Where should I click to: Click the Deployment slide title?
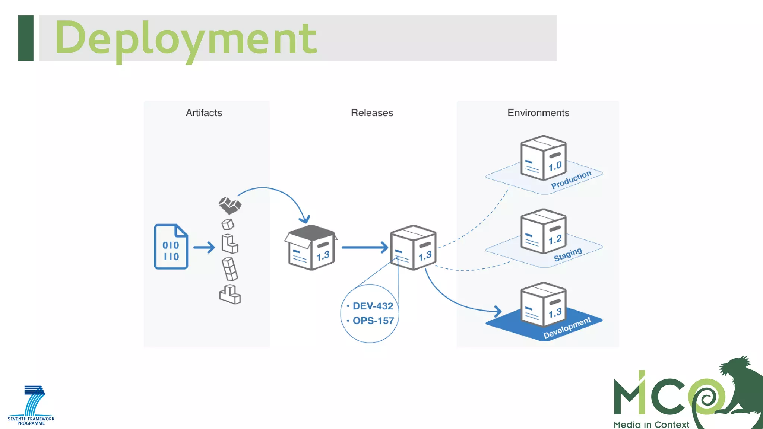click(x=186, y=38)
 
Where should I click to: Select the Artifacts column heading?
click(x=204, y=113)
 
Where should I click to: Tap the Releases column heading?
click(x=372, y=113)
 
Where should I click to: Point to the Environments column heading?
click(x=538, y=113)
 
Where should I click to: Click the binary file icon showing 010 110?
click(x=171, y=247)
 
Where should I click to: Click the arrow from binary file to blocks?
click(x=204, y=247)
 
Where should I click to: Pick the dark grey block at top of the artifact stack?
click(x=230, y=205)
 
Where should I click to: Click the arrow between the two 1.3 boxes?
click(x=365, y=247)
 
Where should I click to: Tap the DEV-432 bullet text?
click(x=373, y=306)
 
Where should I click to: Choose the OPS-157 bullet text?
click(x=373, y=321)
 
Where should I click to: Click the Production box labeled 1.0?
click(x=543, y=158)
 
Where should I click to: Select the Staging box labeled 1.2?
click(x=543, y=231)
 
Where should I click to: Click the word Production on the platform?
click(x=571, y=180)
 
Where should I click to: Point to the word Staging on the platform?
click(x=567, y=255)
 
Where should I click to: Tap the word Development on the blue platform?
click(x=567, y=328)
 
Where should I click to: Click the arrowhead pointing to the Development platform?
click(x=498, y=311)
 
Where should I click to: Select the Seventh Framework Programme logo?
click(x=31, y=406)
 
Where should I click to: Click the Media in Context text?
click(x=651, y=425)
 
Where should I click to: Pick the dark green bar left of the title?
click(x=26, y=38)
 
